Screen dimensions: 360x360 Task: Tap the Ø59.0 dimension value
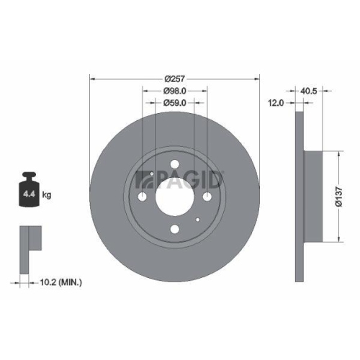point(174,103)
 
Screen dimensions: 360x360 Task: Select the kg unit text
point(47,194)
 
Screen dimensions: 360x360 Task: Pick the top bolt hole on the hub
point(175,165)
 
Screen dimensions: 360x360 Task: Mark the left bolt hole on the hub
point(143,197)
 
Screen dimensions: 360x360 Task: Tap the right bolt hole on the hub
point(207,197)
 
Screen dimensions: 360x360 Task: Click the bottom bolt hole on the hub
point(175,230)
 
